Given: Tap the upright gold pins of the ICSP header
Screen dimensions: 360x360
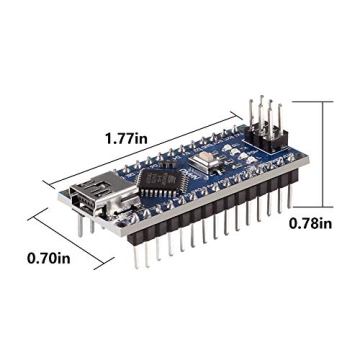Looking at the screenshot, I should pyautogui.click(x=265, y=115).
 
